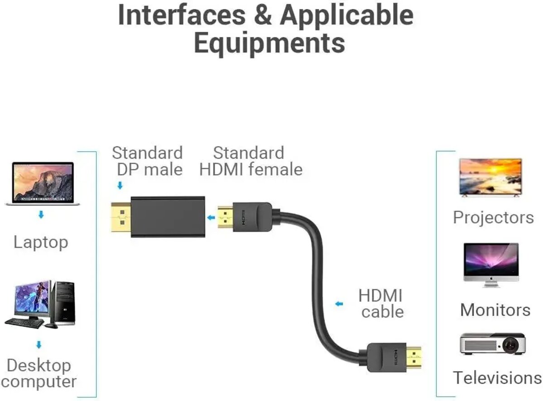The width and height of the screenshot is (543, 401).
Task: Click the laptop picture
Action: point(43,183)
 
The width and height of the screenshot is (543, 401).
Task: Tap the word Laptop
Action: point(41,242)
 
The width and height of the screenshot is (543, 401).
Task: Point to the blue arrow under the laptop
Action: point(41,215)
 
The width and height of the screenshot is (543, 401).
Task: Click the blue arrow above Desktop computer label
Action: point(39,345)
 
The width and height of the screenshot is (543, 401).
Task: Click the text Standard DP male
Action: point(148,161)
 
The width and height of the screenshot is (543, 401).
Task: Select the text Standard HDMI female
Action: point(251,161)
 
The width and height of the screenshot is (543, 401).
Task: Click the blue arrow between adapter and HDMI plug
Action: point(211,218)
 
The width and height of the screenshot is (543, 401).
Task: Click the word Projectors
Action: point(493,217)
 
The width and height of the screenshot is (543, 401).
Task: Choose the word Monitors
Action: point(495,310)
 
